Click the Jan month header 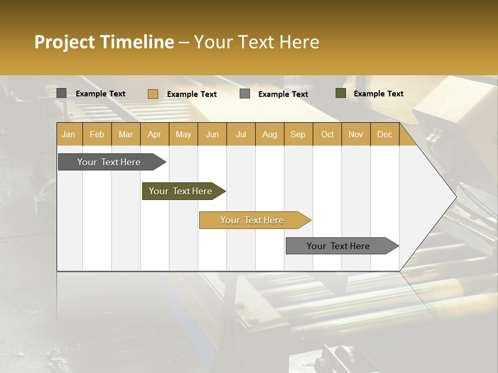pyautogui.click(x=68, y=134)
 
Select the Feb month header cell pyautogui.click(x=97, y=134)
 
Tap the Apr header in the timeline pyautogui.click(x=154, y=134)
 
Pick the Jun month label pyautogui.click(x=212, y=134)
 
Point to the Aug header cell pyautogui.click(x=269, y=134)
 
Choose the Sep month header pyautogui.click(x=298, y=134)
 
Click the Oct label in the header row pyautogui.click(x=327, y=134)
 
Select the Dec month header pyautogui.click(x=384, y=134)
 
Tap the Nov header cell pyautogui.click(x=356, y=134)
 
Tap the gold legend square pyautogui.click(x=153, y=94)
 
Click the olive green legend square pyautogui.click(x=341, y=93)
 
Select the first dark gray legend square pyautogui.click(x=62, y=93)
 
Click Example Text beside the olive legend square pyautogui.click(x=378, y=94)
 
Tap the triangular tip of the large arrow pyautogui.click(x=441, y=197)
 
